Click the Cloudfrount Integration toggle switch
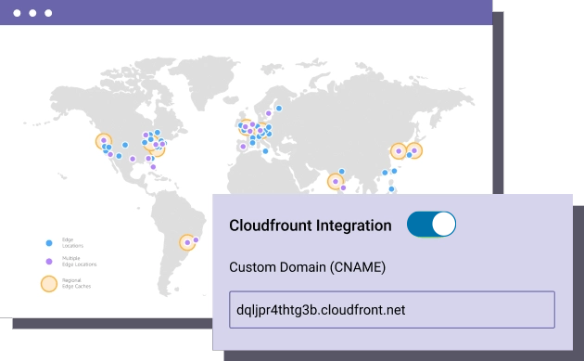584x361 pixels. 431,225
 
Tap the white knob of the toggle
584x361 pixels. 443,225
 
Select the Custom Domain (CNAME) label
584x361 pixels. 307,267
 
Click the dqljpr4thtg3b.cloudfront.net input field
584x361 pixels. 391,309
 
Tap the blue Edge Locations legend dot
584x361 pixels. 49,243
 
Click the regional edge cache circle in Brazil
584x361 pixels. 188,242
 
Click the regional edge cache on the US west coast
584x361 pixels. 104,142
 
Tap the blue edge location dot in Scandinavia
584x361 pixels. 278,108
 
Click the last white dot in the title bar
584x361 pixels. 48,14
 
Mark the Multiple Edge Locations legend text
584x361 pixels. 78,263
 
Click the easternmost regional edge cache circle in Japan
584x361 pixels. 415,148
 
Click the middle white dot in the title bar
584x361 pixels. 33,14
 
